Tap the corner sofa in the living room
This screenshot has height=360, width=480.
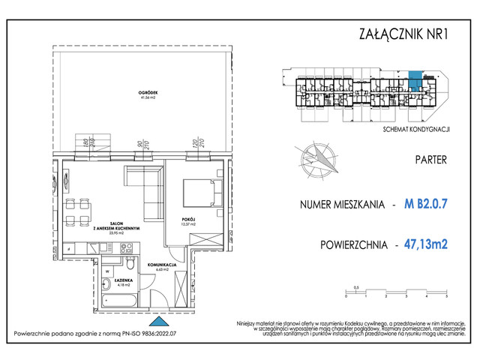(x=149, y=188)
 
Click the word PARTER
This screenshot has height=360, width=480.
(x=430, y=160)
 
